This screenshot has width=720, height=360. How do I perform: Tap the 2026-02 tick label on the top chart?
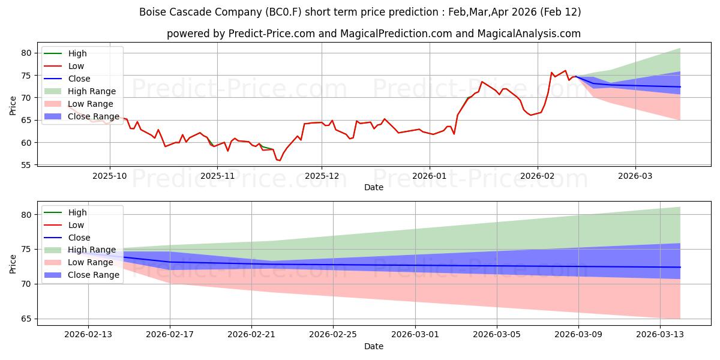[537, 176]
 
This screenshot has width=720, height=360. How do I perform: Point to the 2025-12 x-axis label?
[322, 176]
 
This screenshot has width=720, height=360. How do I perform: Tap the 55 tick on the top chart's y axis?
[26, 165]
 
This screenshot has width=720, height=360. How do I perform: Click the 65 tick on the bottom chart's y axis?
[26, 319]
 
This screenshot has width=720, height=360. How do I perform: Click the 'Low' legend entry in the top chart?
[76, 66]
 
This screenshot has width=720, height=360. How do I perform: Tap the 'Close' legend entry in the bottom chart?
[79, 238]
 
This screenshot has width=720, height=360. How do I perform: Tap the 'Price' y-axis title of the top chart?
[13, 106]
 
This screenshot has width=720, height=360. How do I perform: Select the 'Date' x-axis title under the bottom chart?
[373, 347]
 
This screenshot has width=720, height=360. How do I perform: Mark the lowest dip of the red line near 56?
[279, 160]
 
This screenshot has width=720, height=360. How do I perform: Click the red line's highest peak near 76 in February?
[565, 70]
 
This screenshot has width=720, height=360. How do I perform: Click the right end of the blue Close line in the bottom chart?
[680, 267]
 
